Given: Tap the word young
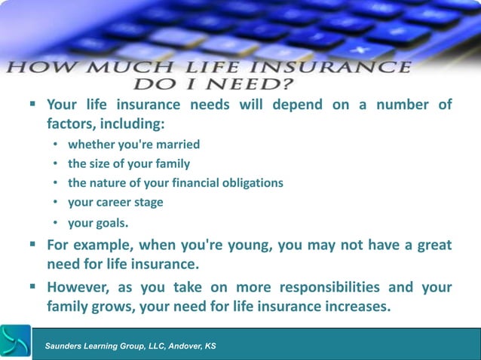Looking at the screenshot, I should (234, 246).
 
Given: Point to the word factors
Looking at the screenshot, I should (72, 124).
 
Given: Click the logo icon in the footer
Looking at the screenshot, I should (15, 342).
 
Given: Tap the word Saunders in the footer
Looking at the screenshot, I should (66, 346).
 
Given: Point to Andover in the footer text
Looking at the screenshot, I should (181, 346).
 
